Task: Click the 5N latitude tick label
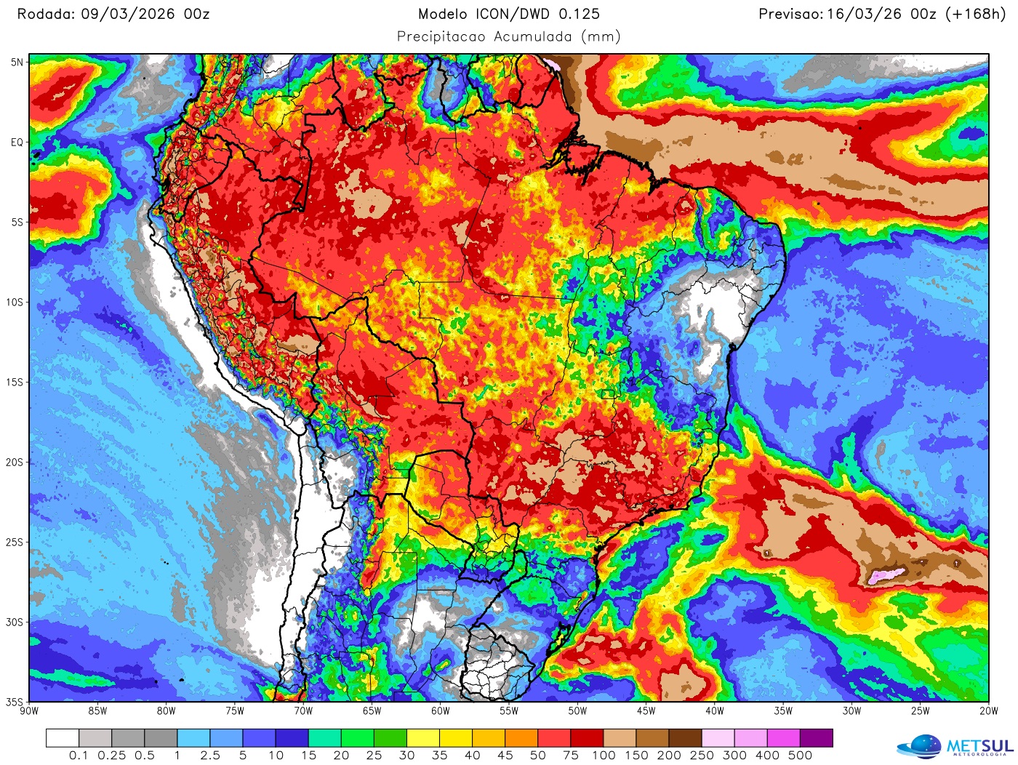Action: [16, 63]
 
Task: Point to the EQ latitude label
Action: [16, 143]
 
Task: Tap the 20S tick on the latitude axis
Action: [15, 462]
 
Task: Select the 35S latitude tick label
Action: [15, 702]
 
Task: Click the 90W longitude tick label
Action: [29, 711]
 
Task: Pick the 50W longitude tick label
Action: [577, 711]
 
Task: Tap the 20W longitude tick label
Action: [988, 711]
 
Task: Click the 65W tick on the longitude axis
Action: [372, 711]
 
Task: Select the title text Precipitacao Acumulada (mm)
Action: [508, 36]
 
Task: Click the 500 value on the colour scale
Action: [800, 756]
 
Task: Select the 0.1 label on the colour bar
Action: [79, 756]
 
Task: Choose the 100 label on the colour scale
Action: [604, 756]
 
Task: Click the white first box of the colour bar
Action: [63, 738]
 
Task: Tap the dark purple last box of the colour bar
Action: [816, 738]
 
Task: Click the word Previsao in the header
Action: [790, 14]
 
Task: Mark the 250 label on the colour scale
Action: [702, 756]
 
